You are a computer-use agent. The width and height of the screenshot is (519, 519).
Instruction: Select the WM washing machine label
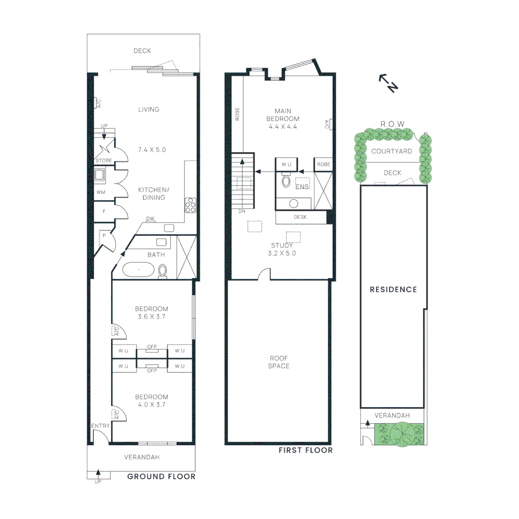pyautogui.click(x=101, y=192)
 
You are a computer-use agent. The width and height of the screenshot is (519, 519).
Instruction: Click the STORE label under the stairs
pyautogui.click(x=104, y=161)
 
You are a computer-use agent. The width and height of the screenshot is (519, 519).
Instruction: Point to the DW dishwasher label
pyautogui.click(x=150, y=219)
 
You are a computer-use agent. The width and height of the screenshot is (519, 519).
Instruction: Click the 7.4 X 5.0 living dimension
pyautogui.click(x=152, y=150)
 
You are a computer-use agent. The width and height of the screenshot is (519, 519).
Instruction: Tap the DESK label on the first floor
pyautogui.click(x=300, y=217)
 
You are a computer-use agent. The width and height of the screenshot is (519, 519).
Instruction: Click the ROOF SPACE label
pyautogui.click(x=279, y=362)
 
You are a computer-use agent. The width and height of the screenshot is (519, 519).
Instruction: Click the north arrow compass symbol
pyautogui.click(x=388, y=83)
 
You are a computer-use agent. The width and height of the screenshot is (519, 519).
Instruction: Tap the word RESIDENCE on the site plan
pyautogui.click(x=393, y=289)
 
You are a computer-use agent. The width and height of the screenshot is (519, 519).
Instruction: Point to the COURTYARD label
pyautogui.click(x=392, y=151)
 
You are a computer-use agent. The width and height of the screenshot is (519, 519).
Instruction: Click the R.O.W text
pyautogui.click(x=392, y=124)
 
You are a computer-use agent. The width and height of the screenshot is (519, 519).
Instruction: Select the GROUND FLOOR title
pyautogui.click(x=161, y=477)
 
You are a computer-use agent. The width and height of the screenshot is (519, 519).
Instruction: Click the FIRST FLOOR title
pyautogui.click(x=306, y=450)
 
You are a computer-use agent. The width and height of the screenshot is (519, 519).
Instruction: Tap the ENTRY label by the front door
pyautogui.click(x=101, y=426)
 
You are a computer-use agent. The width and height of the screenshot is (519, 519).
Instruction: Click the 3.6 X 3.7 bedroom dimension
pyautogui.click(x=152, y=317)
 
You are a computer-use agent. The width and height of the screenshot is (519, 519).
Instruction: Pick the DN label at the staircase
pyautogui.click(x=242, y=211)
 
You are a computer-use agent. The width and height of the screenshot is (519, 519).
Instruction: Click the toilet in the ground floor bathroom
pyautogui.click(x=162, y=271)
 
